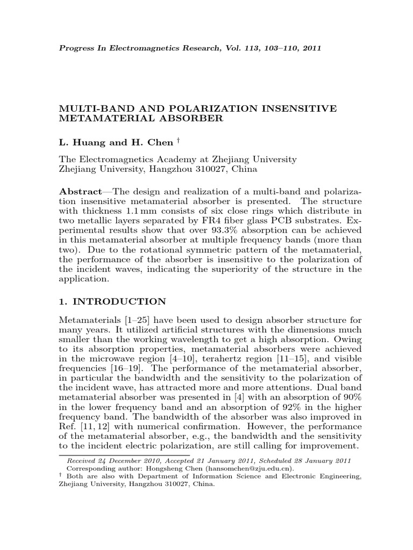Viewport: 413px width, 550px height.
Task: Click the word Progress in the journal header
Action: point(75,47)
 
